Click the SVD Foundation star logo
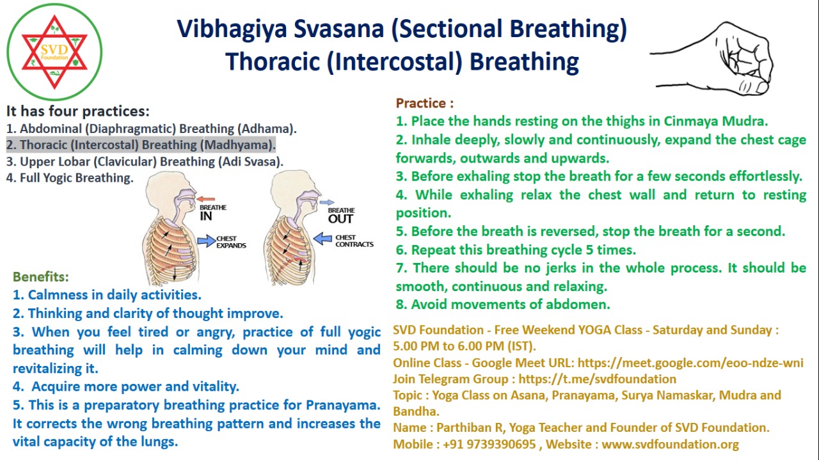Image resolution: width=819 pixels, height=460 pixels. coord(54,52)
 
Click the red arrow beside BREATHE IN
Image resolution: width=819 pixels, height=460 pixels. coord(205,199)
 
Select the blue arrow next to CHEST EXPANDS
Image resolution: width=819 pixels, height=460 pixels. coord(207,241)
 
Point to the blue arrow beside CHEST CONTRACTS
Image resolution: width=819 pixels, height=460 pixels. coord(322,239)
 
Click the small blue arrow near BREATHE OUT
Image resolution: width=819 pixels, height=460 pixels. coord(326,202)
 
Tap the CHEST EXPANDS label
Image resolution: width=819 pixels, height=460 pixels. coord(231,242)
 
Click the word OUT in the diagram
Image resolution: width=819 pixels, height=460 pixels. coord(340,219)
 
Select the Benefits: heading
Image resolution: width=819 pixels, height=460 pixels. coord(40,277)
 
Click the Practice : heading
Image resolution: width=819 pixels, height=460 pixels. coord(425,103)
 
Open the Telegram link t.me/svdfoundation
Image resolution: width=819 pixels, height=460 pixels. coord(598,379)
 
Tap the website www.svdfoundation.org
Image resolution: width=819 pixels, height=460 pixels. coord(670,444)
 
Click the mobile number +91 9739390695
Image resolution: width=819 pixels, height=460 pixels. coord(489,444)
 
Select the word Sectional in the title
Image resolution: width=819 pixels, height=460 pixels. coord(450,29)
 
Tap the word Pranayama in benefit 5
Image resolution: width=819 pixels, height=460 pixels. coord(343,405)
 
